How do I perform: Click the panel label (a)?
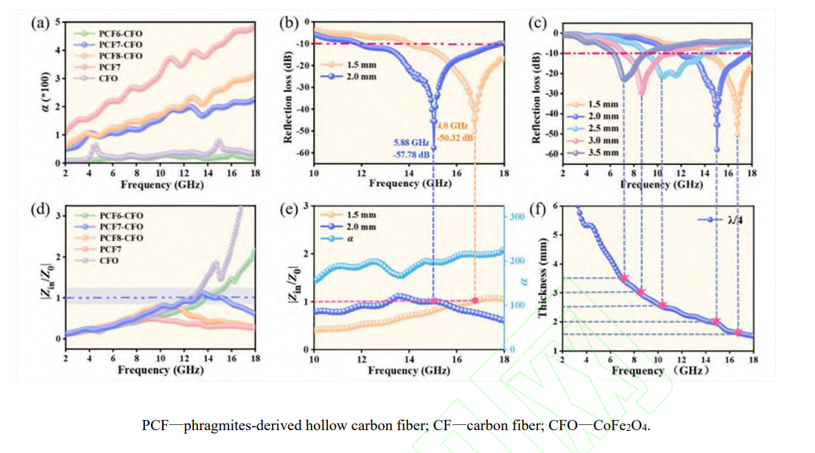tap(40, 23)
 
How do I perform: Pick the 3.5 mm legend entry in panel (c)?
tap(602, 152)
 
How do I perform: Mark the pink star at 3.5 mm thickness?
tap(624, 278)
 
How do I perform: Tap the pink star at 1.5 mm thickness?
tap(738, 332)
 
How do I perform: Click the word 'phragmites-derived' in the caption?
tap(237, 426)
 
